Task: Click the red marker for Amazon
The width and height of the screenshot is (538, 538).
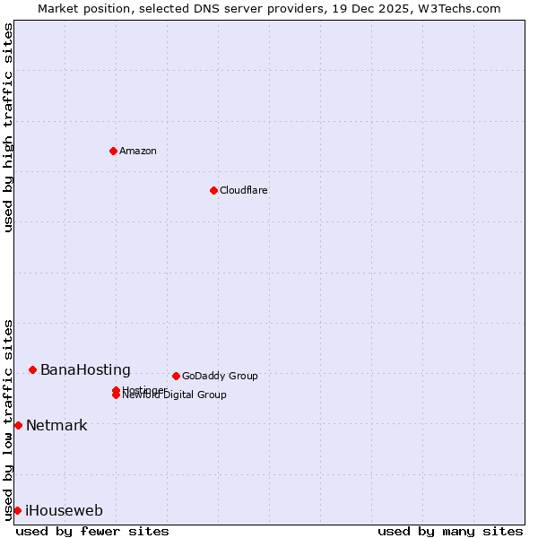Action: [113, 151]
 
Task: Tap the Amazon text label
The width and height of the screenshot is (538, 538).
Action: [138, 151]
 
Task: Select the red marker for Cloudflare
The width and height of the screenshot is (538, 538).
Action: [213, 190]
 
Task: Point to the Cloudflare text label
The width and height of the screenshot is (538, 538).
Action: [243, 190]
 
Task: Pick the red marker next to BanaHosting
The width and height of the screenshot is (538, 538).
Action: [32, 369]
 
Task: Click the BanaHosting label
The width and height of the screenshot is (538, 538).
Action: [85, 370]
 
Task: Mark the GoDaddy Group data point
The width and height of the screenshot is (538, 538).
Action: [176, 376]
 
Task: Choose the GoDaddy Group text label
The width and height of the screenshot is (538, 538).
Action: [220, 376]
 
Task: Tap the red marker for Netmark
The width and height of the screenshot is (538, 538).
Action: [18, 425]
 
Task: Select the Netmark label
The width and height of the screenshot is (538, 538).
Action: [56, 426]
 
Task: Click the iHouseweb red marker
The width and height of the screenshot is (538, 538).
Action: [17, 510]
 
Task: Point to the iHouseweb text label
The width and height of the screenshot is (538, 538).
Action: [64, 511]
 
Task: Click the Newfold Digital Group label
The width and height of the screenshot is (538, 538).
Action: [176, 395]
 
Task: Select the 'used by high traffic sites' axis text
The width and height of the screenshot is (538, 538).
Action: [9, 127]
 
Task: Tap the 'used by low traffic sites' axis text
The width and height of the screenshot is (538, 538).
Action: [9, 419]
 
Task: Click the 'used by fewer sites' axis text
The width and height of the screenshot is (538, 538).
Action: [92, 531]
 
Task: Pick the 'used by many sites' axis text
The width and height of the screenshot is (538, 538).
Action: [450, 531]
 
